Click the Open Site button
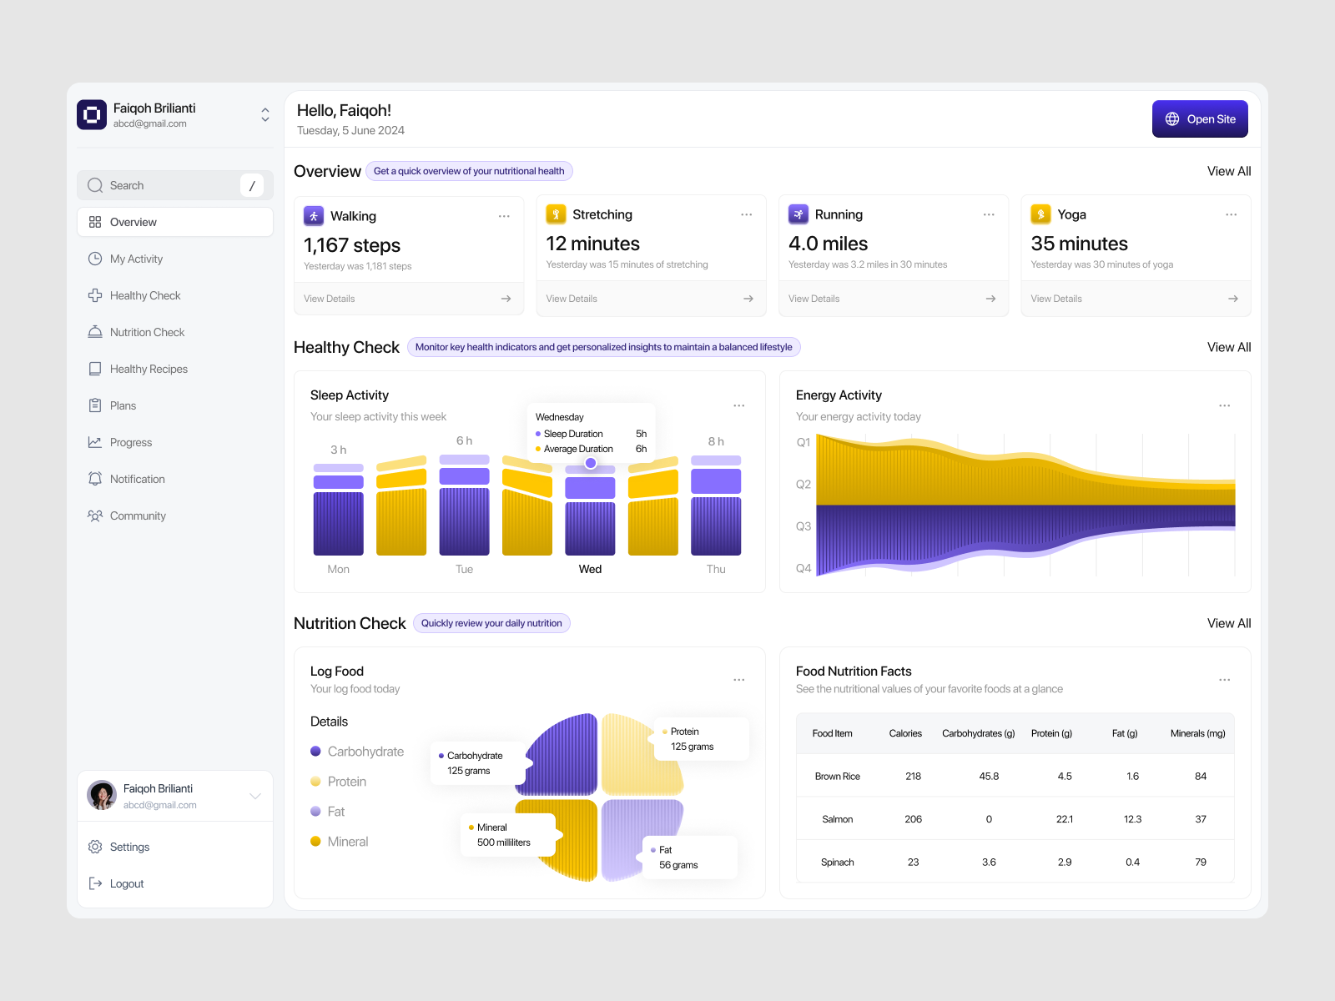pos(1200,119)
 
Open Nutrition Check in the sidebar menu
pos(147,332)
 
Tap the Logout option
pos(126,883)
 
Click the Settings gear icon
pos(95,847)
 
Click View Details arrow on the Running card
pos(990,299)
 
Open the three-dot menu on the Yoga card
pos(1231,215)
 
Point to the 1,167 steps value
pos(352,245)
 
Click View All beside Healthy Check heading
pos(1228,347)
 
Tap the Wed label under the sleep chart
pos(590,569)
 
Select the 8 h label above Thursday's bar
pos(716,441)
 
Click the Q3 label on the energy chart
pos(803,526)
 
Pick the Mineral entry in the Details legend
pos(347,842)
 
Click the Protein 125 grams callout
pos(699,739)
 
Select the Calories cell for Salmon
pos(913,819)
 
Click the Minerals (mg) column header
pos(1197,733)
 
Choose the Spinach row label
pos(837,863)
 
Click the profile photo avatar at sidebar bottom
pos(102,795)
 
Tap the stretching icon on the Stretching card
pos(556,214)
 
